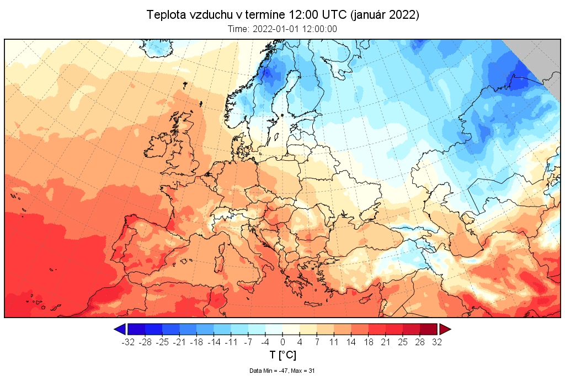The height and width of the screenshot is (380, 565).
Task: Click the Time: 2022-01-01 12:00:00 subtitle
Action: [282, 30]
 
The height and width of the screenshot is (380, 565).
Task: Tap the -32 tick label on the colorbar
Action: [128, 342]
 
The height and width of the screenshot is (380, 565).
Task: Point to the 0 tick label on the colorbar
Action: [282, 342]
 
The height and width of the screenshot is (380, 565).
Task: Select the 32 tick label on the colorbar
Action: [437, 342]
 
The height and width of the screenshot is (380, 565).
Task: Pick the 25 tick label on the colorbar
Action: [403, 342]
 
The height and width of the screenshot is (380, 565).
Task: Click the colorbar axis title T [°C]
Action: [282, 355]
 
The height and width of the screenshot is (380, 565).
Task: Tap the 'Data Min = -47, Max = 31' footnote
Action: [282, 371]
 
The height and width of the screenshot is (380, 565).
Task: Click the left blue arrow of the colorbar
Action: [120, 329]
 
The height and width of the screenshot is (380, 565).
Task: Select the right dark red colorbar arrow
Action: [445, 329]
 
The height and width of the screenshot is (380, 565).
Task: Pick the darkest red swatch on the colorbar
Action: [429, 329]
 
